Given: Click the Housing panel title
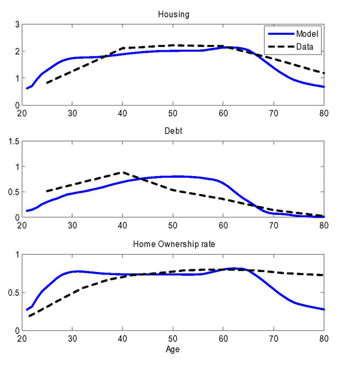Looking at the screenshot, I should pos(173,14).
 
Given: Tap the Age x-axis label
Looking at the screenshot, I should pos(173,349).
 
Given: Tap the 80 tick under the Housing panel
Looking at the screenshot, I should pos(324,112).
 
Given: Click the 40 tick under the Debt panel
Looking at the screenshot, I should pos(123,225).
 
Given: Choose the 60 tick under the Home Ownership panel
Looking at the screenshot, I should pos(224,339).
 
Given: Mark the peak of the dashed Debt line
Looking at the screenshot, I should pos(122,172).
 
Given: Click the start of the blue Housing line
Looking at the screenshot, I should pos(27,89).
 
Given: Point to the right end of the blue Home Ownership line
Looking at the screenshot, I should pos(324,309).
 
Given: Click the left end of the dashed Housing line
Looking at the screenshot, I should pos(47,83).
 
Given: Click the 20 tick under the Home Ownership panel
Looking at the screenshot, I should pos(22,339).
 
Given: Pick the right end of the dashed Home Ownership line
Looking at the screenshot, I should pos(324,275).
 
